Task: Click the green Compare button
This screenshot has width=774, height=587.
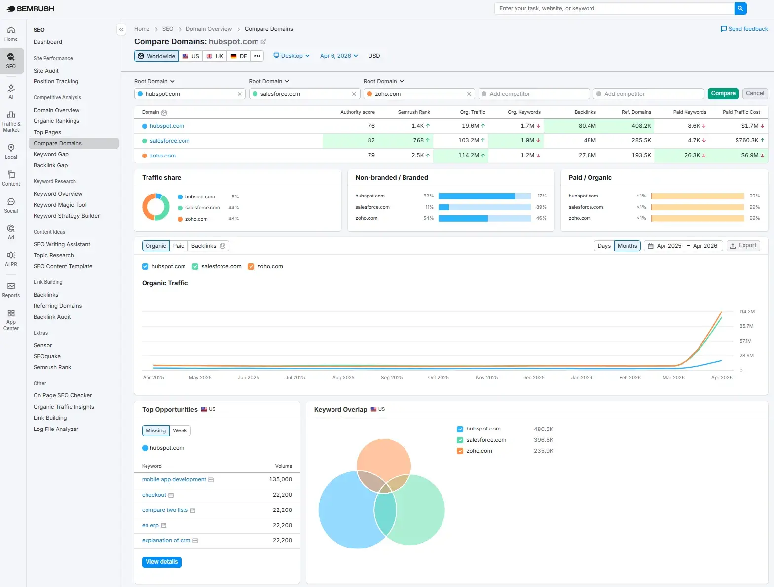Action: tap(723, 93)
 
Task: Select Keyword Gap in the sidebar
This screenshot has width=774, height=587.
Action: tap(51, 154)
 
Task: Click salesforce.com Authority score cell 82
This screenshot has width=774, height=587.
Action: tap(371, 141)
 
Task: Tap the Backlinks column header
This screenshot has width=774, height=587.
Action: tap(585, 112)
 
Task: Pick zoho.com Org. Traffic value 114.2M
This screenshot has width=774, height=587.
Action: tap(468, 156)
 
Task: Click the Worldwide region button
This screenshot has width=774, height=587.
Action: tap(156, 56)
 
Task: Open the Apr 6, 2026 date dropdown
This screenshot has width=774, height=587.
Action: tap(339, 56)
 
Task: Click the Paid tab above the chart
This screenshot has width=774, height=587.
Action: tap(179, 246)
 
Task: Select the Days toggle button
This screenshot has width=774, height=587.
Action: tap(604, 246)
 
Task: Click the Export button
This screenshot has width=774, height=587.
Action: tap(743, 246)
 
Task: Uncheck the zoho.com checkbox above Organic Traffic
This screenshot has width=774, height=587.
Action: tap(251, 267)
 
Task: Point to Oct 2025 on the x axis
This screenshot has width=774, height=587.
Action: tap(438, 378)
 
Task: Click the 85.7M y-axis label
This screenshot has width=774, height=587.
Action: tap(746, 326)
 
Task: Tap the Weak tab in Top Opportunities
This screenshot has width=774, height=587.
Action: tap(180, 431)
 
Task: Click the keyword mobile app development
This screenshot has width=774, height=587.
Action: tap(174, 480)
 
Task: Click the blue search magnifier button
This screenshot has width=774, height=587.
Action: tap(740, 8)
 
